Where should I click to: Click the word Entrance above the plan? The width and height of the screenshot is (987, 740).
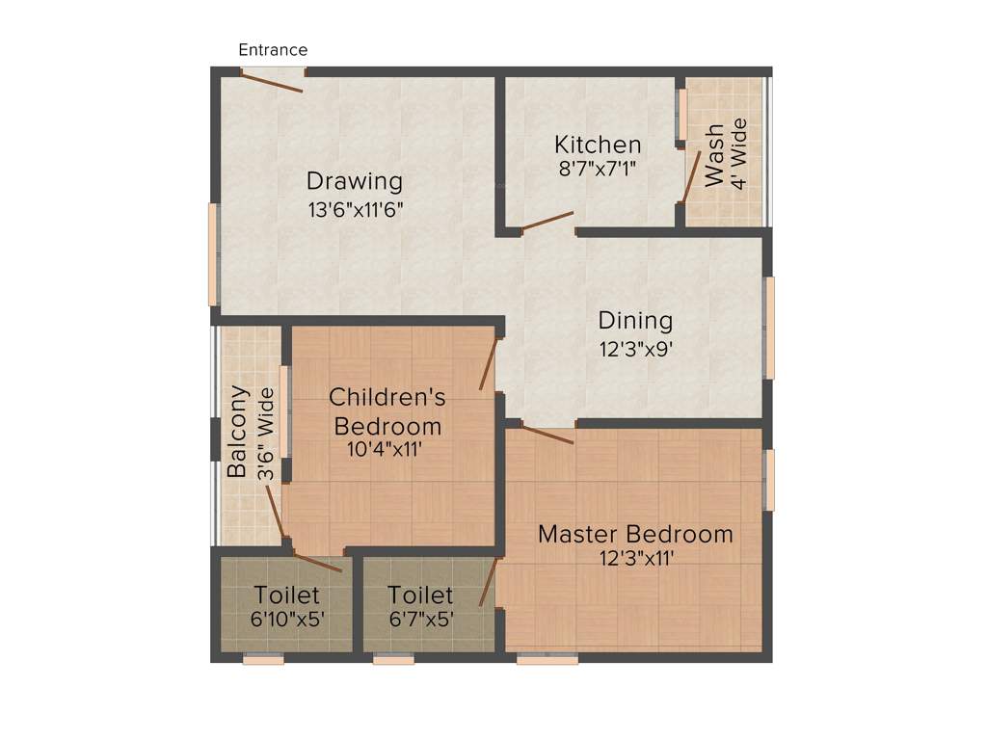tap(273, 50)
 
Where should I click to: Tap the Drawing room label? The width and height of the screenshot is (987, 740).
tap(354, 181)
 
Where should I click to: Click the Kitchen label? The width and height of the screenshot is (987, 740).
tap(598, 145)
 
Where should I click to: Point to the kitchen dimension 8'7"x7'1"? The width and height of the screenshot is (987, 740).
tap(598, 168)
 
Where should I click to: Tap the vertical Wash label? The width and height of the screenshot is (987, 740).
tap(714, 155)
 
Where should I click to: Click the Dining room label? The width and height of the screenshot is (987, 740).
tap(635, 320)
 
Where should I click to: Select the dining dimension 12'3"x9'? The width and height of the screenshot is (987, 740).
tap(635, 349)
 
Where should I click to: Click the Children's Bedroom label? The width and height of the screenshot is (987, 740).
tap(387, 410)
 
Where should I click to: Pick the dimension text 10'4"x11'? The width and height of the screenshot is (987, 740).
tap(386, 448)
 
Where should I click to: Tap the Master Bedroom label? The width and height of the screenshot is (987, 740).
tap(635, 534)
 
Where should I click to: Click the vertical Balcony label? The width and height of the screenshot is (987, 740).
tap(238, 433)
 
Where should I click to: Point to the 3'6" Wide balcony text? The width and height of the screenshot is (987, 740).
tap(267, 434)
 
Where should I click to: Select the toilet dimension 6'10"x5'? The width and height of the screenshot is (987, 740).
tap(287, 620)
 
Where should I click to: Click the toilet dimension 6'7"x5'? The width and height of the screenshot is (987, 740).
tap(420, 620)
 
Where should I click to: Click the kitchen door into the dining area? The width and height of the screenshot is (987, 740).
tap(547, 222)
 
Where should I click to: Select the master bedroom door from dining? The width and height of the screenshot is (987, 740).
tap(547, 434)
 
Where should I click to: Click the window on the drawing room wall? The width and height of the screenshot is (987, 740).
tap(214, 254)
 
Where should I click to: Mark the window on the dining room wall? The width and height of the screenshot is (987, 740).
tap(769, 327)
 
